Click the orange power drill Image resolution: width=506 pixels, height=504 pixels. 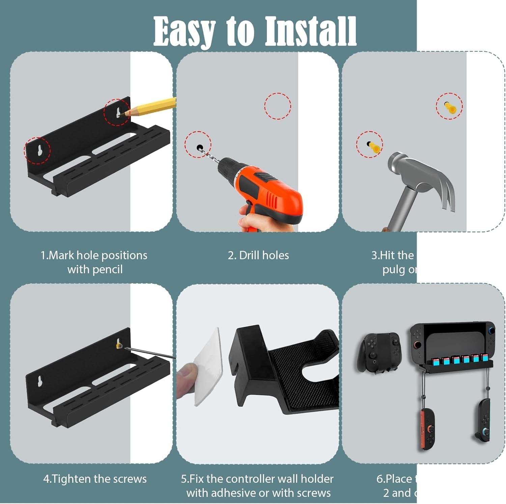pos(266,189)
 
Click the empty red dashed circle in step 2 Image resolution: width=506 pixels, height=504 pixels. pos(277,106)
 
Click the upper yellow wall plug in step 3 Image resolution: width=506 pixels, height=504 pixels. pos(450,107)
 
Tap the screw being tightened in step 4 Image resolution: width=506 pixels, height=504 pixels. pos(119,345)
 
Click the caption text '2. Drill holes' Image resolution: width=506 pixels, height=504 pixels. pos(258,255)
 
